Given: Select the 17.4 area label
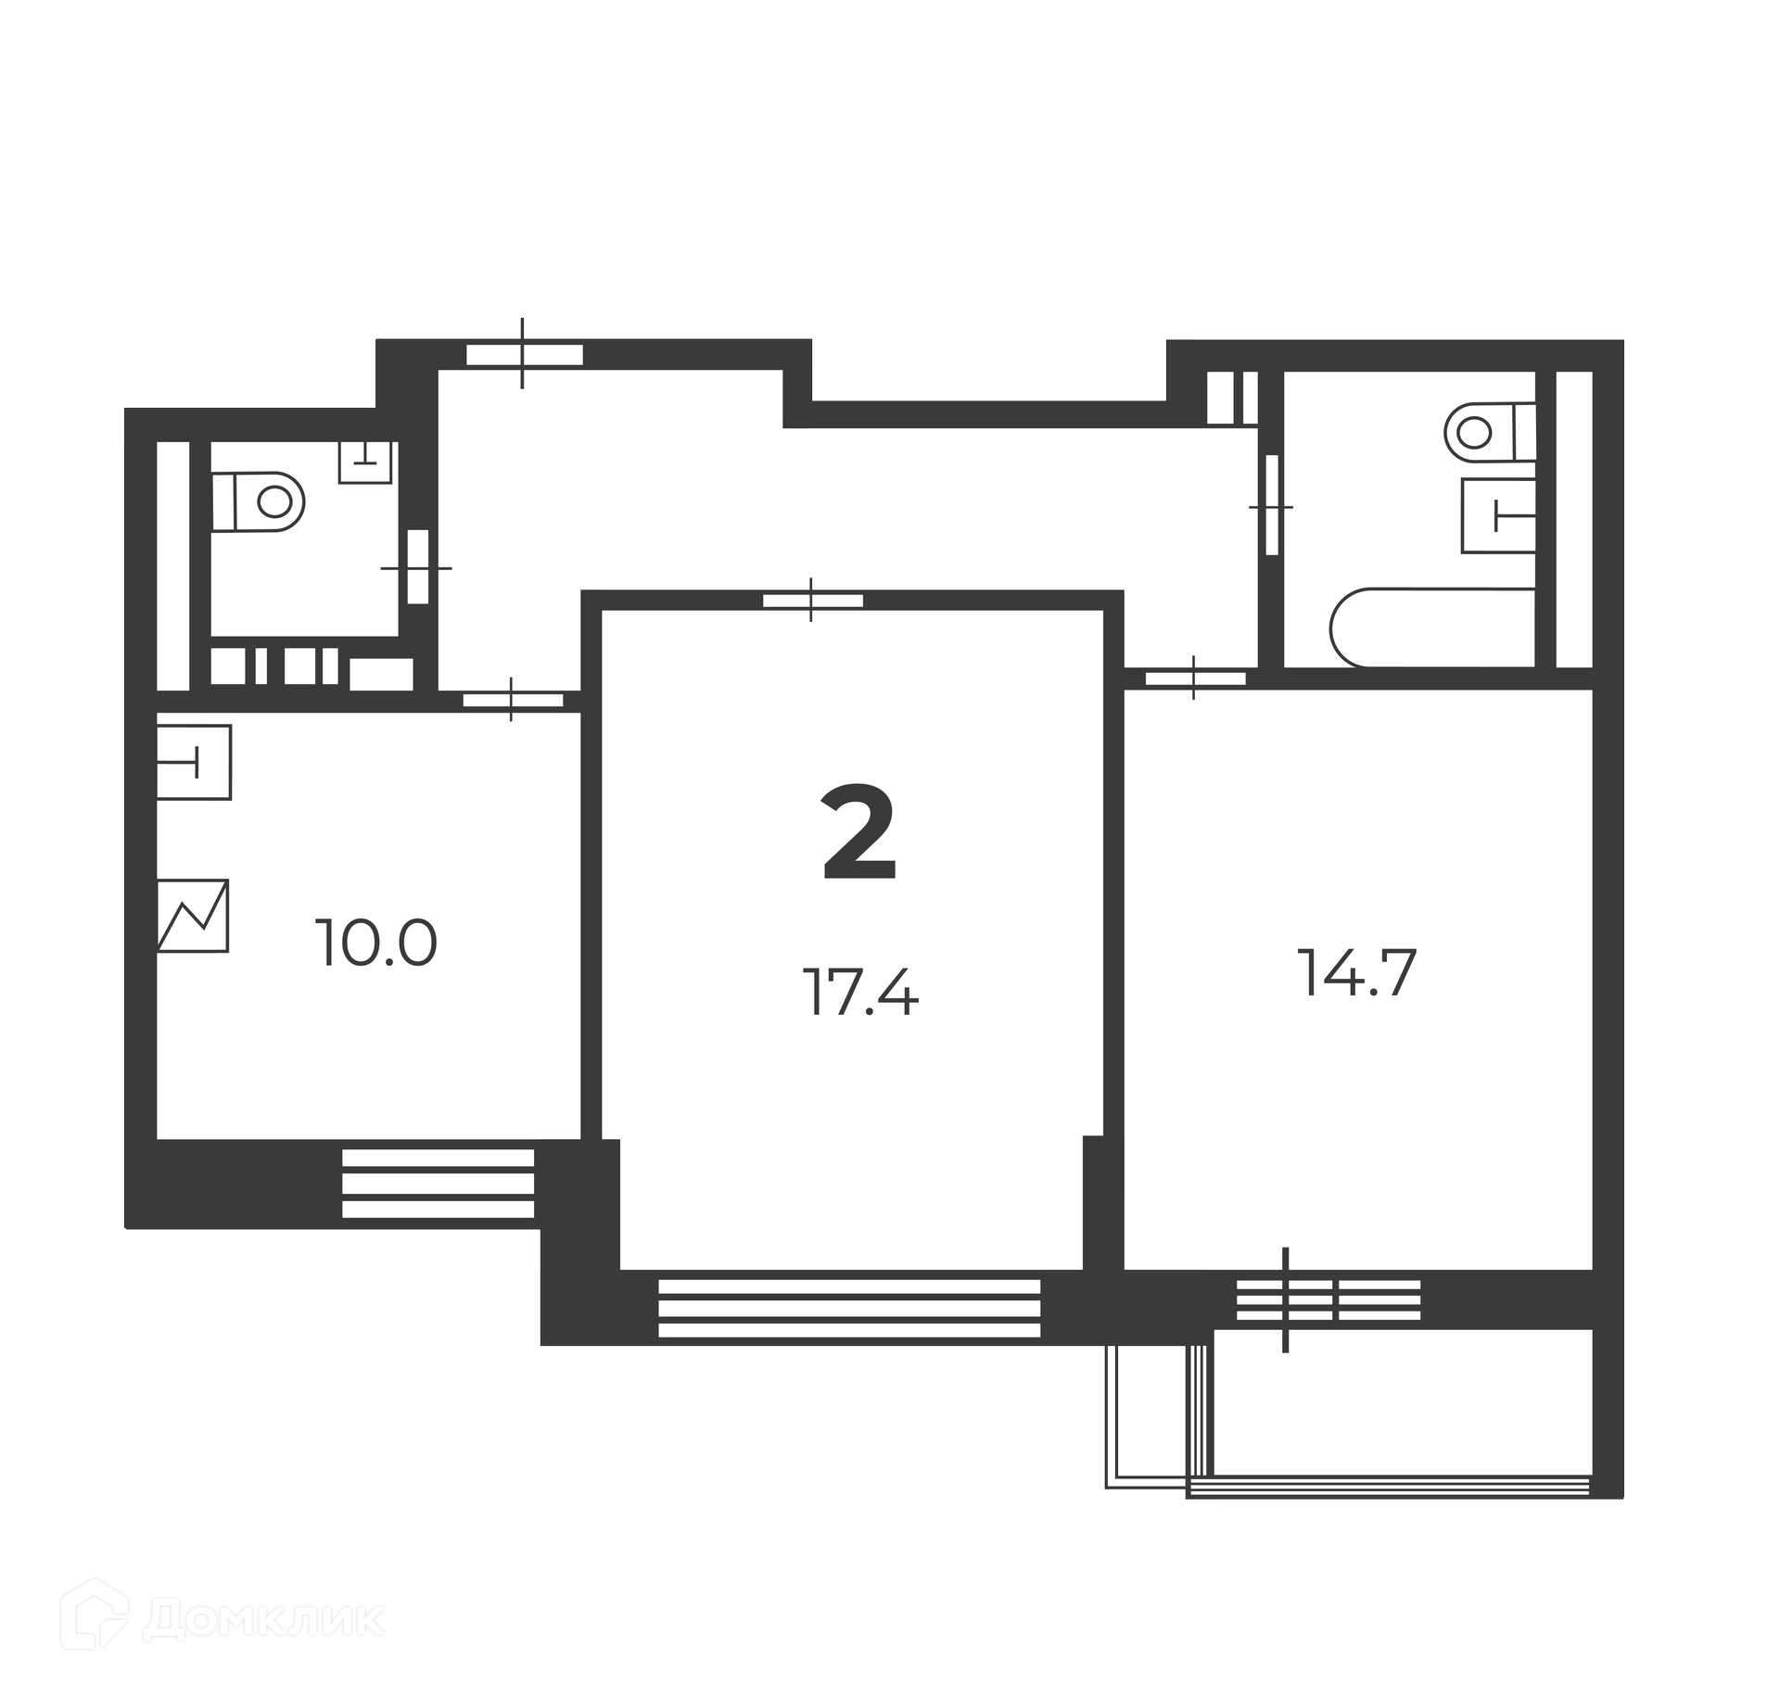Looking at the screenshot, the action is tap(860, 992).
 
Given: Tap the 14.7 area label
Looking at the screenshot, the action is tap(1359, 973).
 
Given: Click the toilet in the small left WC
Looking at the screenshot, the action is tap(259, 501).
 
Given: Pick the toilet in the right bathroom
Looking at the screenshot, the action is tap(1491, 432).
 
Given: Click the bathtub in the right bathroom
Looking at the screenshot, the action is tap(1433, 627).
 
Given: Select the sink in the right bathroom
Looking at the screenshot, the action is tap(1498, 516).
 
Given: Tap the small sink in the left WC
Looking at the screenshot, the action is tap(365, 462).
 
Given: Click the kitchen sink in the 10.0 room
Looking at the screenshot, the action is tap(193, 762).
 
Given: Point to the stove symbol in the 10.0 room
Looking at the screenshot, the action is tap(192, 915).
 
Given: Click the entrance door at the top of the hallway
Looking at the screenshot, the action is tap(524, 353).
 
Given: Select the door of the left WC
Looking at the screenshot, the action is tap(417, 567).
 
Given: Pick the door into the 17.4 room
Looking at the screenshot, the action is tap(812, 600).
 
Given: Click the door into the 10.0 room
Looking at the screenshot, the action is tap(513, 700).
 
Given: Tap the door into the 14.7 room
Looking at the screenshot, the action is tap(1194, 678).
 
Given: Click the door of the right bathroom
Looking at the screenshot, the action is tap(1271, 506).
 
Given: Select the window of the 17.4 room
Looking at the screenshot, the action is tap(849, 1308).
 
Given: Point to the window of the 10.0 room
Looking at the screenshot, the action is tap(439, 1183).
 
